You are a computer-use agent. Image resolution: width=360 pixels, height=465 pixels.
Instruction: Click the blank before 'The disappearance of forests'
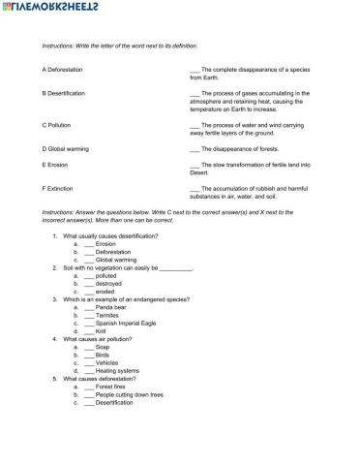(195, 148)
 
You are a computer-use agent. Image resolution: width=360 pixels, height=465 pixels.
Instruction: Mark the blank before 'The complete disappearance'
(195, 71)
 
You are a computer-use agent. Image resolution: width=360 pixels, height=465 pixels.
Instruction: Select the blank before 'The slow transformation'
(195, 165)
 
